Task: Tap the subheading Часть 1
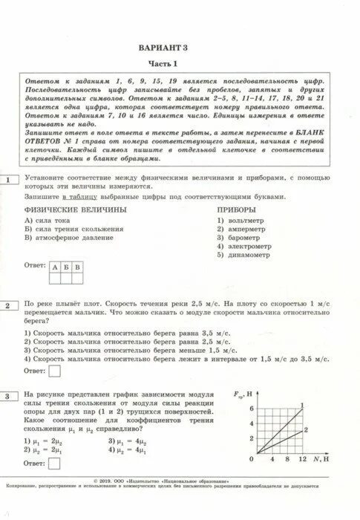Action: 180,62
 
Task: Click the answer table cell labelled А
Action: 55,266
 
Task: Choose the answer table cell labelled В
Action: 78,266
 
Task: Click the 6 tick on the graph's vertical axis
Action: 251,409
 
